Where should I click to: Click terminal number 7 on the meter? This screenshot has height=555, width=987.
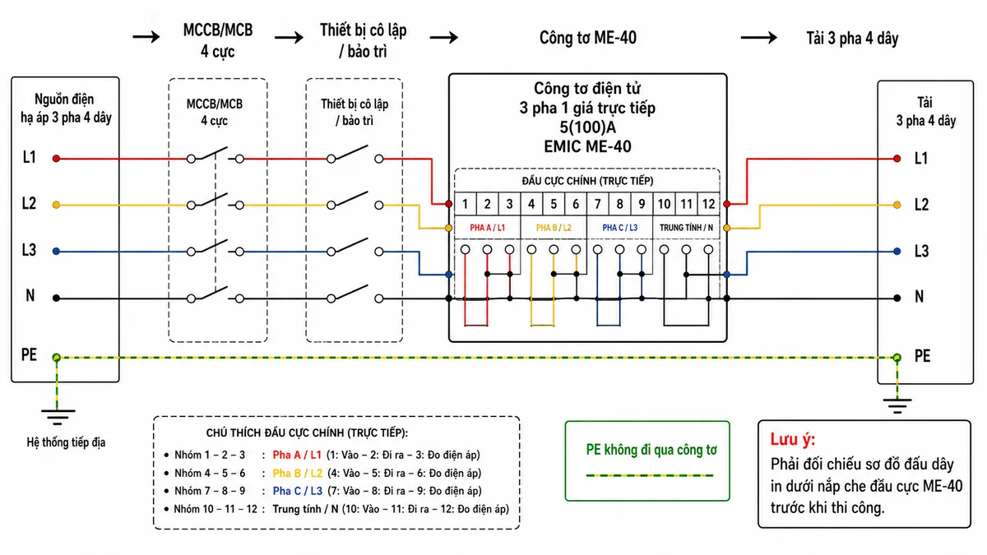coord(597,204)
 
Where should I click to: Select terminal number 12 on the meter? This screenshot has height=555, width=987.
coord(708,204)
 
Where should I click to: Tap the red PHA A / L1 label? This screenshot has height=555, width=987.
coord(487,228)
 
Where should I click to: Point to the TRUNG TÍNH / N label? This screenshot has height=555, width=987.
coord(686,228)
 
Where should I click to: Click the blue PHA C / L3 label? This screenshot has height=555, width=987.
coord(619,228)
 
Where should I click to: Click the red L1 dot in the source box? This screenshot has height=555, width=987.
coord(56,159)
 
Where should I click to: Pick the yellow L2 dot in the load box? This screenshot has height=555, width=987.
coord(897,205)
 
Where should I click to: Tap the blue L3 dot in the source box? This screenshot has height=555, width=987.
coord(56,252)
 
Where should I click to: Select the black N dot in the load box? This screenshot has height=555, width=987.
coord(897,298)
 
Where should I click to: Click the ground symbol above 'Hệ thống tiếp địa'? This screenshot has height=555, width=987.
coord(58,417)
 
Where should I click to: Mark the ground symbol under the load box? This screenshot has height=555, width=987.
coord(897,405)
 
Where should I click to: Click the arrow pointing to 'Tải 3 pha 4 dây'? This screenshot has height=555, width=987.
coord(758,38)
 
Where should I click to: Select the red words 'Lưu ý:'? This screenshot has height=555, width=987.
coord(793,439)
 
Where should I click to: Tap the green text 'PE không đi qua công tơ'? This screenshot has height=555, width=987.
coord(651,450)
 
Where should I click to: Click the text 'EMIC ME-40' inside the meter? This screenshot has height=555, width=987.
coord(587,146)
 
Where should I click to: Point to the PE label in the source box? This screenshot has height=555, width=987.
coord(29,354)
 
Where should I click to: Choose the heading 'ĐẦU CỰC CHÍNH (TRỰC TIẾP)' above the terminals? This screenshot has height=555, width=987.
coord(587,181)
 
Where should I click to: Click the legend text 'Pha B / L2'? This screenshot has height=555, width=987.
coord(298,473)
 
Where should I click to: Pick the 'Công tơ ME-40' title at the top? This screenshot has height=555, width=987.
coord(588,38)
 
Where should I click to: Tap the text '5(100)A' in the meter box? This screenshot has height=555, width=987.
coord(587,127)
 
